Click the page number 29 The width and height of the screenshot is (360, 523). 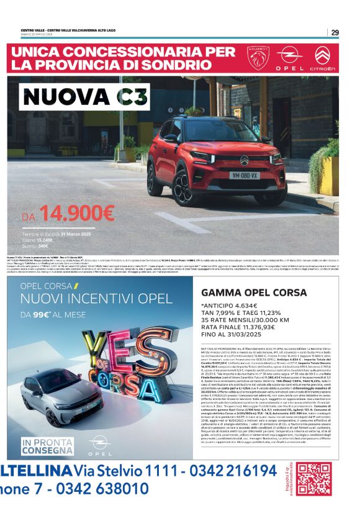tap(335, 32)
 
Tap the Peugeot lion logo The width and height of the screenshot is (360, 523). tap(259, 58)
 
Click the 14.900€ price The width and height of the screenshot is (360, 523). tap(76, 214)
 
